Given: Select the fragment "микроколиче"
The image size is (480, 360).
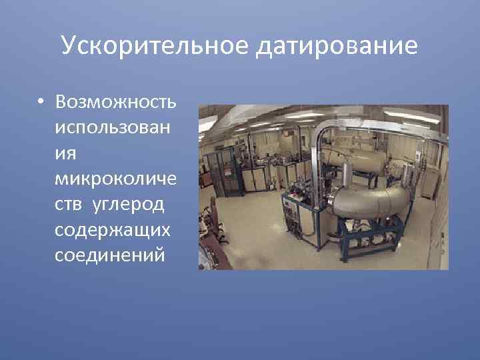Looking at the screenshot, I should [116, 177].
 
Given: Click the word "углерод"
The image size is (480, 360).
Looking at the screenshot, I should [137, 203].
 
